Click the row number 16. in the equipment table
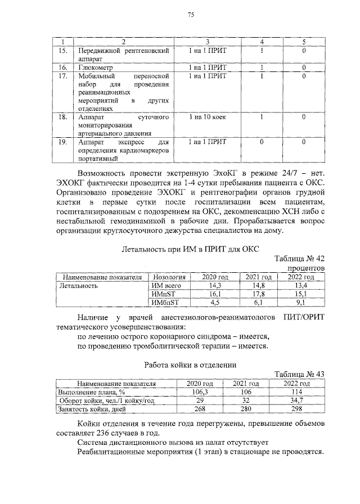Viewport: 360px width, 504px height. (63, 68)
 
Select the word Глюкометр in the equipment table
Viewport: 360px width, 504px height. (95, 68)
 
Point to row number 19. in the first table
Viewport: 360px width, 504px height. (63, 142)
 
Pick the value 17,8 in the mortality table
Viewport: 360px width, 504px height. (256, 294)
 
